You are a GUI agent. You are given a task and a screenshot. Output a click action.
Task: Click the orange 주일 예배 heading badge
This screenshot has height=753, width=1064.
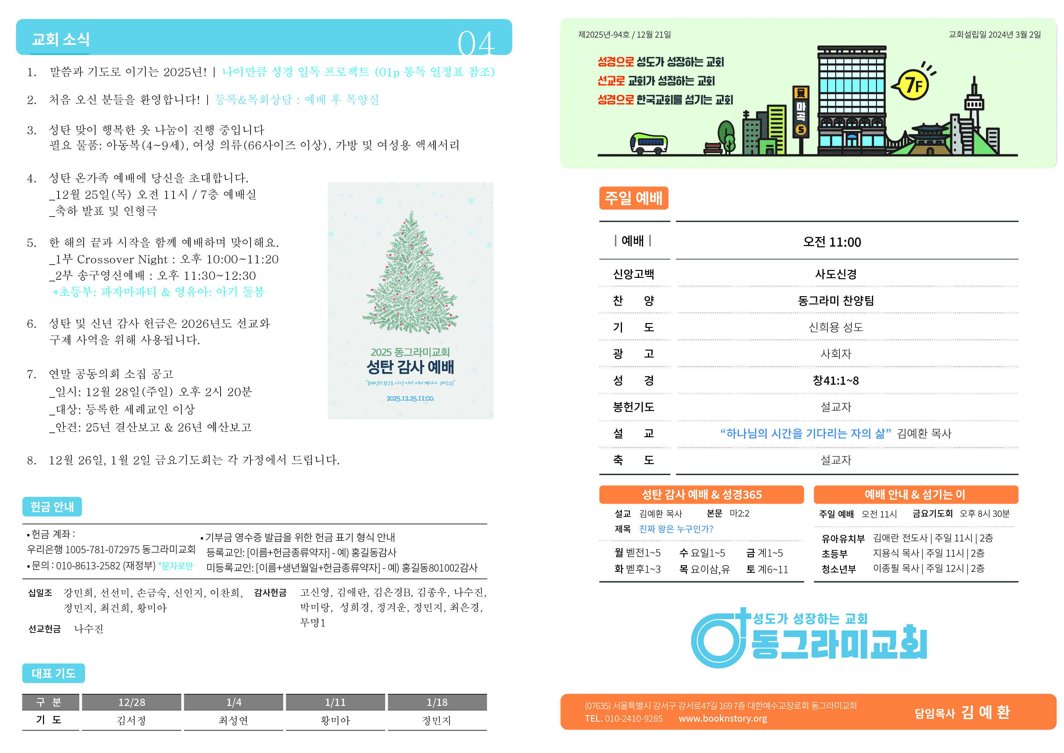pyautogui.click(x=633, y=198)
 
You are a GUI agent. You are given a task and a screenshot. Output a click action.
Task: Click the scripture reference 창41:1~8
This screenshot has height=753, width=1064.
pyautogui.click(x=836, y=381)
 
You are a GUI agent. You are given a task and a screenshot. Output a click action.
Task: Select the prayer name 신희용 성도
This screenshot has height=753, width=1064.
pyautogui.click(x=836, y=328)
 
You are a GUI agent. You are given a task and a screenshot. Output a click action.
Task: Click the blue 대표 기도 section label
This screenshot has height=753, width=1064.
pyautogui.click(x=54, y=673)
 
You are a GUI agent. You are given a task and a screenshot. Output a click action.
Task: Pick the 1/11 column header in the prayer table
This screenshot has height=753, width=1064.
pyautogui.click(x=335, y=702)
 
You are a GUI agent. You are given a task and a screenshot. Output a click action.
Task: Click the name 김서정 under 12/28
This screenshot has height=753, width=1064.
pyautogui.click(x=132, y=720)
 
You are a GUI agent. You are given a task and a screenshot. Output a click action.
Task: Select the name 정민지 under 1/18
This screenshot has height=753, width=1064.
pyautogui.click(x=437, y=720)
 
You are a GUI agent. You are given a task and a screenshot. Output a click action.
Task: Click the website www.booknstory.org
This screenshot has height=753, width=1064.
pyautogui.click(x=723, y=719)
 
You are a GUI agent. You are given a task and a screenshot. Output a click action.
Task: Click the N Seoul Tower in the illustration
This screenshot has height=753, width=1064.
pyautogui.click(x=974, y=102)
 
